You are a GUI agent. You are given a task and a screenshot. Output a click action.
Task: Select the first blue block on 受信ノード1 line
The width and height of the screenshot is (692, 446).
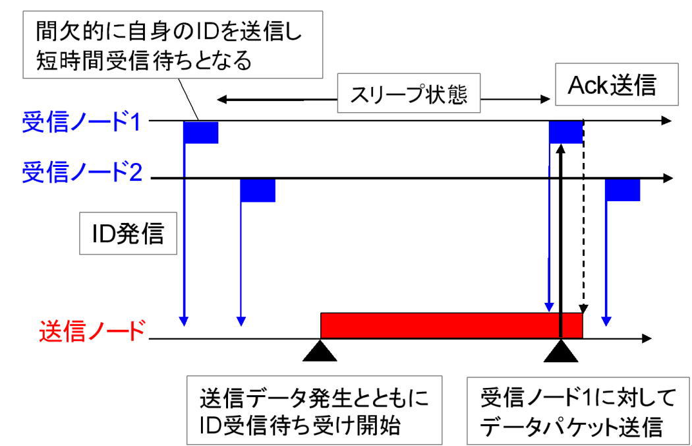coord(201,132)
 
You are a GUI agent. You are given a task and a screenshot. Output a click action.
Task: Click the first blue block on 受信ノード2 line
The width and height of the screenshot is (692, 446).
coord(257,190)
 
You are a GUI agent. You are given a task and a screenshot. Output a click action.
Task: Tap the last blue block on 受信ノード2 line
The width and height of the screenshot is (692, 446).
coord(623,190)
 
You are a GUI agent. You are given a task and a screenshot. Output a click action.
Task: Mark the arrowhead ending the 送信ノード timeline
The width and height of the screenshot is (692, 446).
coord(645,339)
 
